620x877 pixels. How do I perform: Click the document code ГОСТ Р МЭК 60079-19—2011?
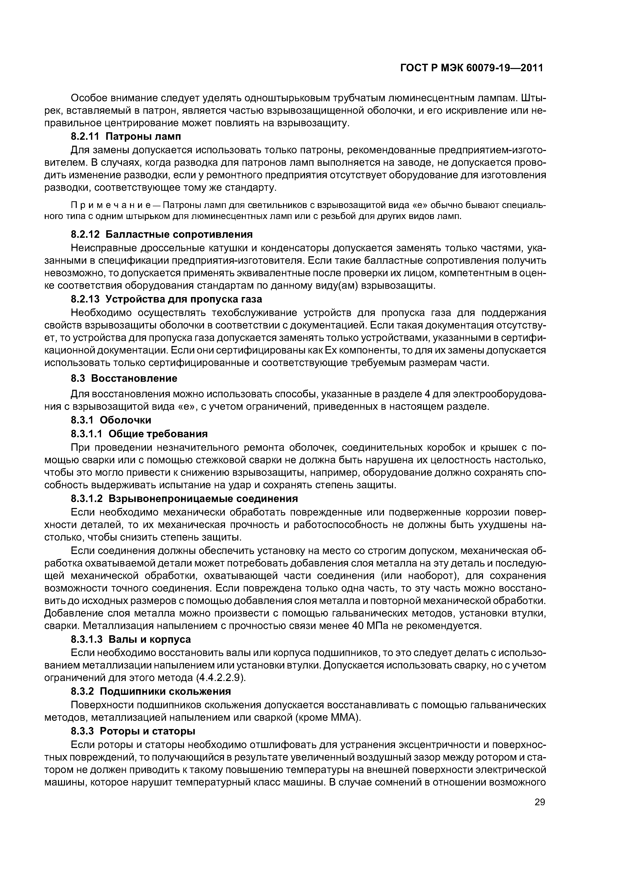[472, 68]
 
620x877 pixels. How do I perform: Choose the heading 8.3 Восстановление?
[124, 378]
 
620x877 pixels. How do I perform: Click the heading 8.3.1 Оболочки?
[111, 420]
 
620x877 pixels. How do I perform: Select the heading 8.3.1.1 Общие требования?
[139, 434]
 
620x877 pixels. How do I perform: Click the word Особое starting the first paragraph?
[89, 98]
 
